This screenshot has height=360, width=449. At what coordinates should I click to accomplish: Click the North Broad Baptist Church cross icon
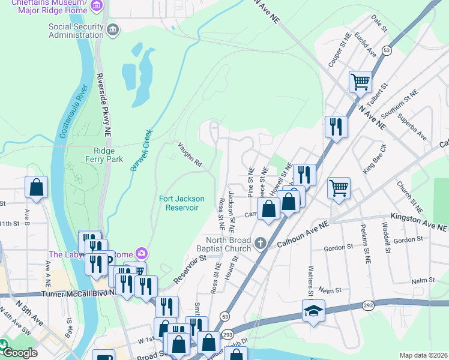point(260,243)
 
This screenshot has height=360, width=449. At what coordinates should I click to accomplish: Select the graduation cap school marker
point(313,311)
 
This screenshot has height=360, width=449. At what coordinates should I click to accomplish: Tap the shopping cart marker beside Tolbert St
point(360,80)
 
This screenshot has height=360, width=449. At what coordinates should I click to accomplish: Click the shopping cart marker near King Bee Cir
point(339,187)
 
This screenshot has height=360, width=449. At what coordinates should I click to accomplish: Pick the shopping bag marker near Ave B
point(37,187)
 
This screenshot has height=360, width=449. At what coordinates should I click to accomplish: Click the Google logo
point(19,353)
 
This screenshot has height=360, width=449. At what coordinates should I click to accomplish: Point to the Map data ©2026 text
point(423,355)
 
